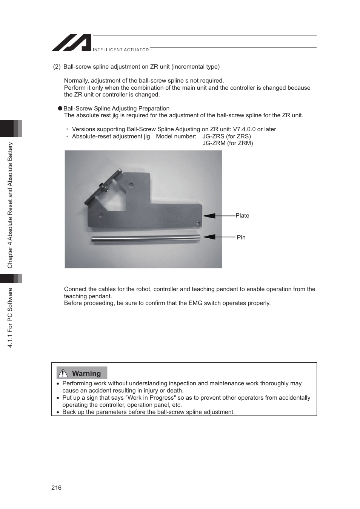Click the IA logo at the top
pos(72,43)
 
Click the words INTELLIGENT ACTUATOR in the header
pos(121,50)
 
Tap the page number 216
pos(56,488)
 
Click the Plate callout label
pos(242,215)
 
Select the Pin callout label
pos(241,237)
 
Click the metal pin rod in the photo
pos(145,238)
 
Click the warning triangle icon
pos(63,373)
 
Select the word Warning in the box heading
pos(86,373)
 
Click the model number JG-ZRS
pos(213,136)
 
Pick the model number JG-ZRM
pos(214,143)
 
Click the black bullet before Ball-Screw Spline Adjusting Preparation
pos(60,108)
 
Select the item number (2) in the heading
pos(57,67)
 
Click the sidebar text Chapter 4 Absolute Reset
pos(10,205)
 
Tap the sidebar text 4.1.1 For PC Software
pos(10,317)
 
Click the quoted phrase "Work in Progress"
pos(151,398)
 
